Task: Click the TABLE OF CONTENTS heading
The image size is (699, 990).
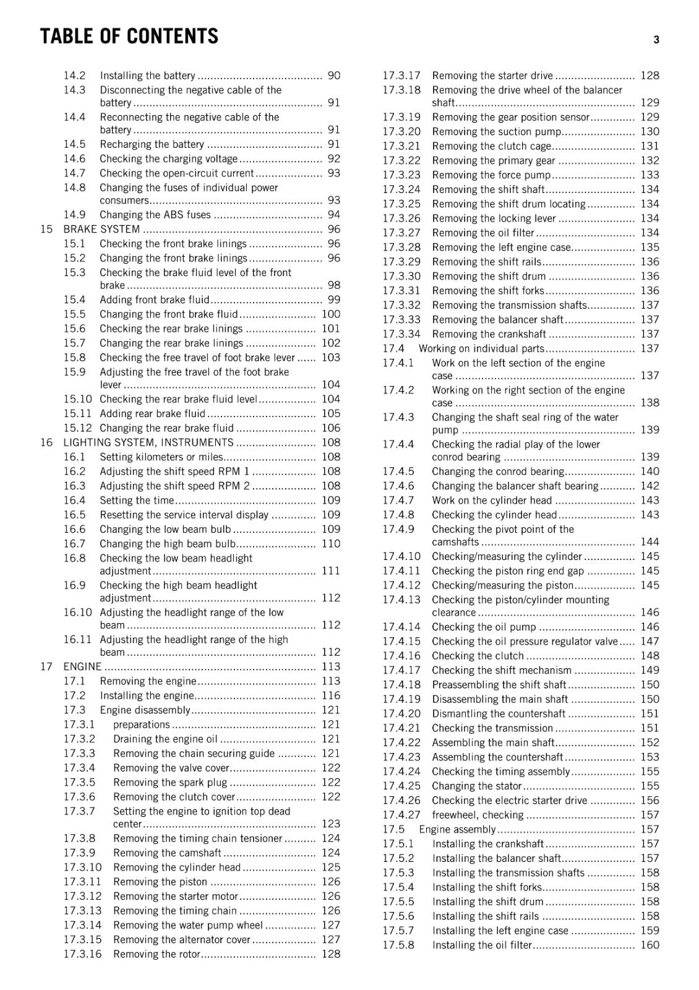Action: pos(129,37)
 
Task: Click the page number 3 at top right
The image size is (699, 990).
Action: pos(656,40)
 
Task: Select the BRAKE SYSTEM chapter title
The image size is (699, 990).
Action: pos(101,229)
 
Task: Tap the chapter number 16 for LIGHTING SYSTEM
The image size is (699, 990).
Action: pos(46,442)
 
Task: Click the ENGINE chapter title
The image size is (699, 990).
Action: pos(82,666)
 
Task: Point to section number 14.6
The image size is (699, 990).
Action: pos(74,158)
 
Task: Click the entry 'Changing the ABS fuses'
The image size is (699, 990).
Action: pos(155,215)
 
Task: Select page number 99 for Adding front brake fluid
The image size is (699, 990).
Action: pos(334,299)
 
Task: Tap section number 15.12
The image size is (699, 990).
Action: pos(77,428)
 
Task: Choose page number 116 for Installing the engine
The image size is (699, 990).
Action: pos(331,695)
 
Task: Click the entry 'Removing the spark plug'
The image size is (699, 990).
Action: pos(170,782)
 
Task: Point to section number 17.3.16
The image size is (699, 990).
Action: pos(82,953)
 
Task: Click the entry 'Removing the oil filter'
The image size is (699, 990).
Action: pos(483,233)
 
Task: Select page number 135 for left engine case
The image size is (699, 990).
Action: pos(650,247)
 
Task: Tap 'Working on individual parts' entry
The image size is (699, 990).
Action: pos(481,348)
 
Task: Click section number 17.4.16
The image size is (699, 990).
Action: pos(401,655)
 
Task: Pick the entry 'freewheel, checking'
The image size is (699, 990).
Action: pos(478,815)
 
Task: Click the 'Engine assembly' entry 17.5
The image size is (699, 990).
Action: pos(457,829)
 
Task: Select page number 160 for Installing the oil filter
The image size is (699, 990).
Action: pos(650,945)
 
